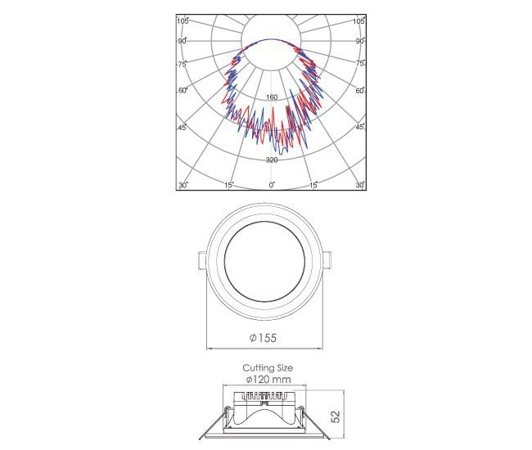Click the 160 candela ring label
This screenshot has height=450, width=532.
coord(272,97)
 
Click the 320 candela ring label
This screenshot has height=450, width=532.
coord(272,160)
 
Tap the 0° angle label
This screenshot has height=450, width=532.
coord(272,185)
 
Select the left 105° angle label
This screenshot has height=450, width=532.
coord(183,21)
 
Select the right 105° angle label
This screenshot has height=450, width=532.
coord(359,21)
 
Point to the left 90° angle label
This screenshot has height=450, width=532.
coord(183,41)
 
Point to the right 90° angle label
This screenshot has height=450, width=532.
coord(360,41)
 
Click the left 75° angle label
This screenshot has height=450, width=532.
coord(183,64)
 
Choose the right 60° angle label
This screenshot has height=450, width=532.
coord(360,91)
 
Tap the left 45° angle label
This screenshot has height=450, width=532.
coord(183,128)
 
